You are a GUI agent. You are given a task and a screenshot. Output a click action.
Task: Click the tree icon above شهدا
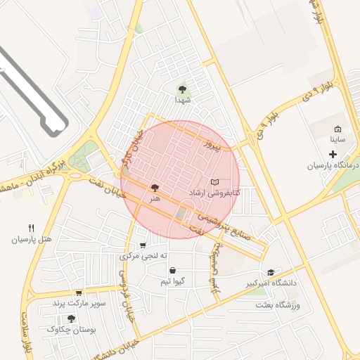click(183, 89)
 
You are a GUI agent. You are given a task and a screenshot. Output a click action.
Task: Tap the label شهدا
click(183, 101)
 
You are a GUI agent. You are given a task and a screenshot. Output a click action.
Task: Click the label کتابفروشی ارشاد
click(214, 192)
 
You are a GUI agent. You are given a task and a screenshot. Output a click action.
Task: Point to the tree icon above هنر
click(154, 188)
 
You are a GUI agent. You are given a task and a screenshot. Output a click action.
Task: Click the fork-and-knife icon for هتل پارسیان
click(31, 228)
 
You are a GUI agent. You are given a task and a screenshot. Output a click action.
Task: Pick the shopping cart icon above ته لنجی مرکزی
click(143, 245)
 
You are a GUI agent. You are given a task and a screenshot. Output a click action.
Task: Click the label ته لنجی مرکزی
click(143, 256)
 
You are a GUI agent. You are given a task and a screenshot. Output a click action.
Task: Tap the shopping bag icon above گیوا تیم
click(172, 271)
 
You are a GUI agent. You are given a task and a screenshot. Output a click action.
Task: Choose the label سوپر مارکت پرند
click(79, 303)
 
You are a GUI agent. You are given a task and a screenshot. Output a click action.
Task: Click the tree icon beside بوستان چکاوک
click(71, 319)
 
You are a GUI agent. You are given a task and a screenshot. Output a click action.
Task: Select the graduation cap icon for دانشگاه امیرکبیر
click(271, 273)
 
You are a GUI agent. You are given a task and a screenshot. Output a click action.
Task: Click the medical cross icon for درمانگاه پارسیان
click(333, 153)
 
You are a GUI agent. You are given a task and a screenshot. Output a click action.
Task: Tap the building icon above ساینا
click(337, 129)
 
